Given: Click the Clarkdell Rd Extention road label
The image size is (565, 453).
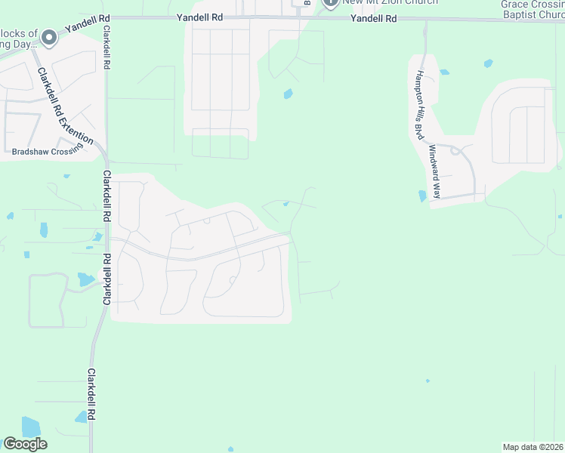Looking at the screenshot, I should [x=65, y=106].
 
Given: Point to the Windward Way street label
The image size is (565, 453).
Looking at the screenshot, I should [x=434, y=170].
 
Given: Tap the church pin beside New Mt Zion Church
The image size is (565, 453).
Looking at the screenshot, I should [x=330, y=3].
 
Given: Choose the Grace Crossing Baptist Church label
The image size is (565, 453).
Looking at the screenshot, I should [x=533, y=8].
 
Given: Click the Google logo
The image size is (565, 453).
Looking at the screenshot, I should [x=25, y=444].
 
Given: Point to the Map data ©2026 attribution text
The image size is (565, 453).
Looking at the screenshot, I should [x=533, y=447].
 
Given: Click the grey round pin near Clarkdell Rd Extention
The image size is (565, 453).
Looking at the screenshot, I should [x=50, y=37].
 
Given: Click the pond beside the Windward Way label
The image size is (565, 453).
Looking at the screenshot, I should [x=421, y=196].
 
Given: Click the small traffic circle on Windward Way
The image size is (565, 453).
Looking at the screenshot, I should [x=455, y=151].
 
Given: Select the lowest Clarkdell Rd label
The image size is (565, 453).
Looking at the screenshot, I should [x=91, y=395].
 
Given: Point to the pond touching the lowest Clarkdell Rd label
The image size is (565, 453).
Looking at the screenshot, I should [x=81, y=416].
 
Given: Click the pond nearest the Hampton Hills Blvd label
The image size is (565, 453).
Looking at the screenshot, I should [x=443, y=72].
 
